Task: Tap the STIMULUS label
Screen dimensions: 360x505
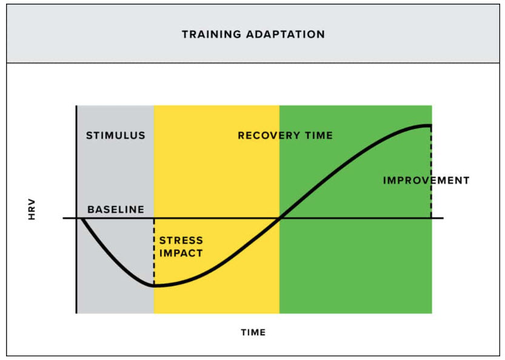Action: [116, 135]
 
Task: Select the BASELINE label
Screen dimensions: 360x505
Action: [116, 210]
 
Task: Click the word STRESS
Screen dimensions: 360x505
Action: [181, 241]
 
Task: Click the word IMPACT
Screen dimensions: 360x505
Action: [181, 253]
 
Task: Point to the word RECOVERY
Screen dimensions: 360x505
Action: [270, 135]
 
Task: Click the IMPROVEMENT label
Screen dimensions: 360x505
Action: [426, 180]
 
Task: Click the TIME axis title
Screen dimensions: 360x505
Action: [253, 332]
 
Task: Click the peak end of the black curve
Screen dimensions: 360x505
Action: [430, 125]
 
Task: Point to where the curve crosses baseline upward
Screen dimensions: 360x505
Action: [279, 218]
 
